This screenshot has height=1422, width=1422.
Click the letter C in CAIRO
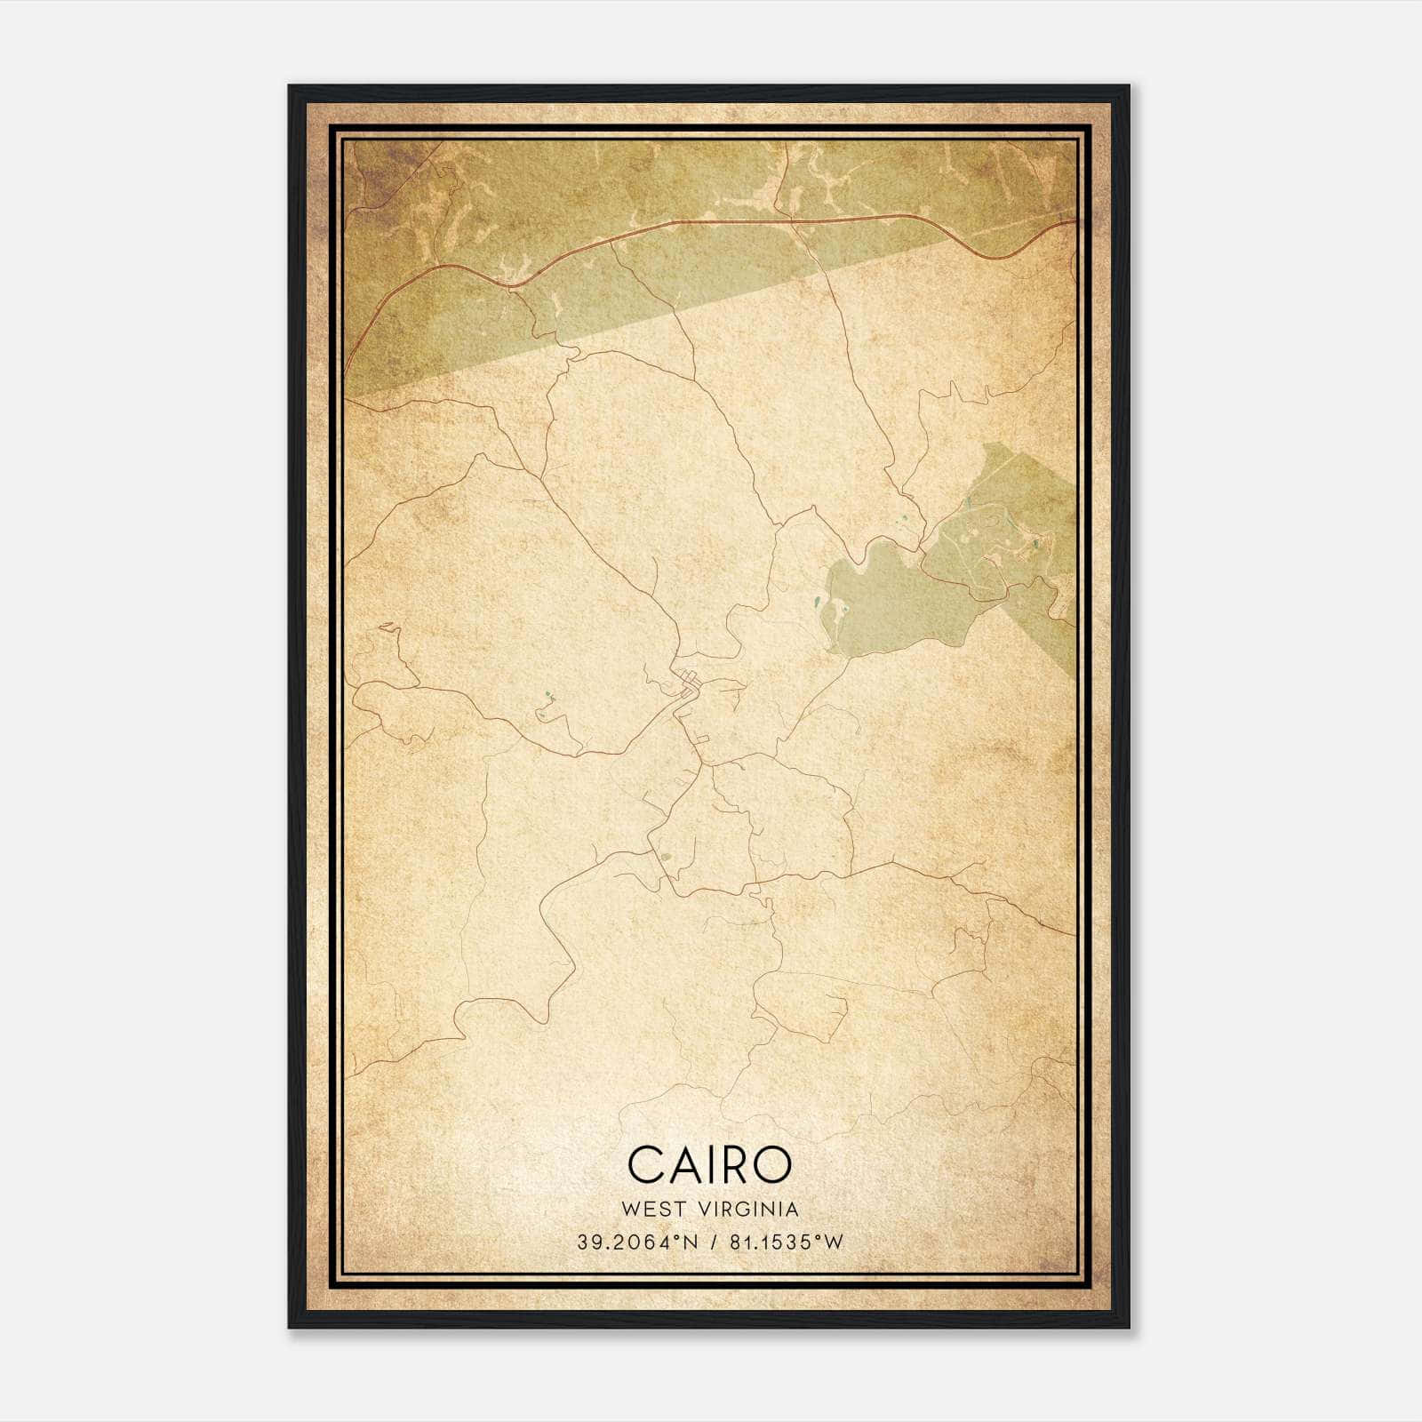click(649, 1164)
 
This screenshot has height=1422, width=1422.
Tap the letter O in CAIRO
click(770, 1164)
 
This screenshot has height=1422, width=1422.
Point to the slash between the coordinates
click(713, 1242)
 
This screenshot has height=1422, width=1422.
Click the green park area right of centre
click(898, 595)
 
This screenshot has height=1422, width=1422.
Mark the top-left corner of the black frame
click(290, 87)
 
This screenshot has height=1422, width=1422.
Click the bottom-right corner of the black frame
click(1129, 1327)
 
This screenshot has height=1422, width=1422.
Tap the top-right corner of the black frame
click(1129, 87)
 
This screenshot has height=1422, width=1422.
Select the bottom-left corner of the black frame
click(290, 1327)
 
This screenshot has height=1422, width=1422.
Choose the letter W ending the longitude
click(834, 1242)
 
